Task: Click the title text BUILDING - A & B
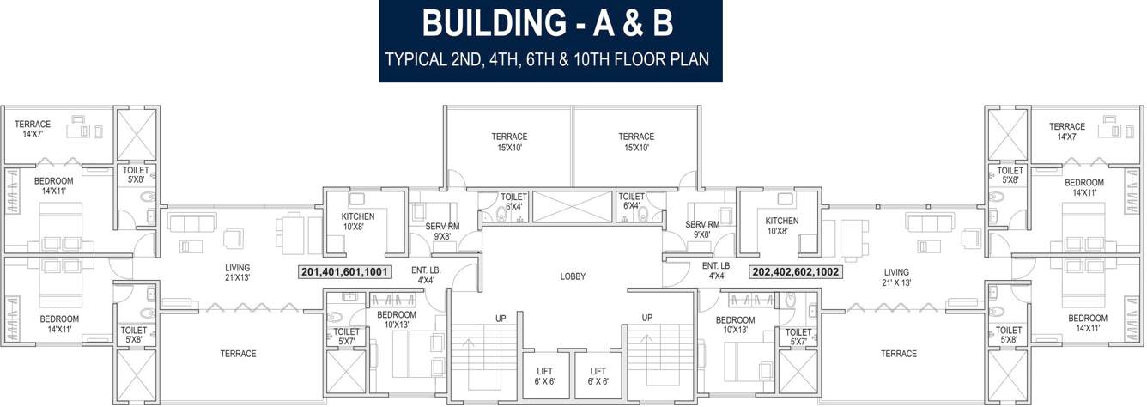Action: pos(548,24)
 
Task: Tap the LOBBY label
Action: pos(573,276)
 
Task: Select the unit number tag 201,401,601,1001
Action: pos(345,272)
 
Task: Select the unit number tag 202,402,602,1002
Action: pos(795,272)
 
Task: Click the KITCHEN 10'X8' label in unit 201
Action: pos(358,222)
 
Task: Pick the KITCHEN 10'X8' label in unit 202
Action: pos(782,226)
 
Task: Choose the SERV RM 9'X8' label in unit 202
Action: pos(702,229)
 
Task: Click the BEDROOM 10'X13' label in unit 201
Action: pos(397,319)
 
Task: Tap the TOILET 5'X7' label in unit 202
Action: pos(798,337)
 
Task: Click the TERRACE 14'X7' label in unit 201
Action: pos(33,129)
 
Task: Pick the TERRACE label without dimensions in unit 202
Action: pos(898,354)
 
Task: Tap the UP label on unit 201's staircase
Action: pos(501,319)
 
